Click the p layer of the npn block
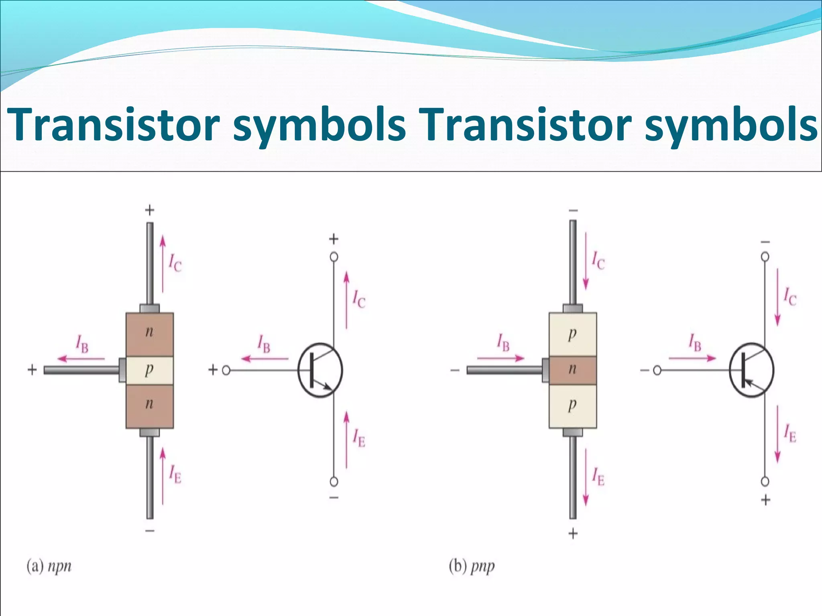click(149, 370)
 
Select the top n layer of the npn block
click(149, 334)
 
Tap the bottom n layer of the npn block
click(149, 406)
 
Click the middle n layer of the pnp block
click(573, 370)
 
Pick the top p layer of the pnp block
click(573, 334)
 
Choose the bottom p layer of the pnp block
click(573, 406)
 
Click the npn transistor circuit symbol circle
click(320, 370)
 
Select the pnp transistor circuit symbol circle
click(751, 370)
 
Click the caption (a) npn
click(49, 566)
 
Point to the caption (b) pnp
click(472, 566)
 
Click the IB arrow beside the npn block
click(80, 359)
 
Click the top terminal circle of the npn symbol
click(334, 257)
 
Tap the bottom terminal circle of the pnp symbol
click(765, 481)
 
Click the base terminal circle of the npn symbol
click(226, 370)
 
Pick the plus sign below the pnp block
click(573, 533)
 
